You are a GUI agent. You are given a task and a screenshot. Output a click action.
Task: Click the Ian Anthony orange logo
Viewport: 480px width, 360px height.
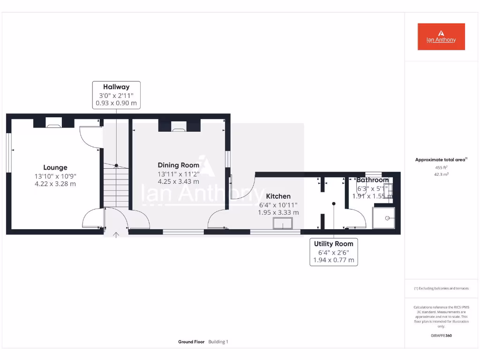coord(441,37)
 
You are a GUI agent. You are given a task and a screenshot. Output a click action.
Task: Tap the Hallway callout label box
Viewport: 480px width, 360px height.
coord(116,95)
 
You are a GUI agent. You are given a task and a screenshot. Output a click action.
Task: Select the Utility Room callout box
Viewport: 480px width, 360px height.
coord(333,252)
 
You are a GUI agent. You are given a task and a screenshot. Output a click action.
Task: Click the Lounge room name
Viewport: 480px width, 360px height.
coord(55,167)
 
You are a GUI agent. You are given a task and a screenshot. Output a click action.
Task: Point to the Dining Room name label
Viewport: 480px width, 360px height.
coord(178,165)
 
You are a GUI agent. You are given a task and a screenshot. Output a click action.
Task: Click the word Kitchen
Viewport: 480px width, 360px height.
coord(278,196)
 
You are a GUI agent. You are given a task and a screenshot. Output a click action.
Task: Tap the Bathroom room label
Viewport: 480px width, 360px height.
coord(373,180)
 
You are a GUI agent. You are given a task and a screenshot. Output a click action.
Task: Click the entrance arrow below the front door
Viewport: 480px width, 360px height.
coord(116,234)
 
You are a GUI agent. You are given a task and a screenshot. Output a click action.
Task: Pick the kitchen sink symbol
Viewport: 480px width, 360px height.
coord(283,224)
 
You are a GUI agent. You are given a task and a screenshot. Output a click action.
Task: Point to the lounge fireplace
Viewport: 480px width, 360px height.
coord(53,124)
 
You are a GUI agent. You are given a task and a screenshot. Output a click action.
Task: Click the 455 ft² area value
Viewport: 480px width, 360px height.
coord(441,167)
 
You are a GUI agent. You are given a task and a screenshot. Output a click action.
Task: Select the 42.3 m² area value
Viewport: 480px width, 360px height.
coord(441,174)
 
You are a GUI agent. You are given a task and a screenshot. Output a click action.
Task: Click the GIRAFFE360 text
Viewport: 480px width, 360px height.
coord(441,336)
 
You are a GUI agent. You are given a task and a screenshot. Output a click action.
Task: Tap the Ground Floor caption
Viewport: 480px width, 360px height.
coord(191,342)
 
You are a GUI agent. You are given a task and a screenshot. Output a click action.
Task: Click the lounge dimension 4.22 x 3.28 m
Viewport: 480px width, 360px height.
coord(55,184)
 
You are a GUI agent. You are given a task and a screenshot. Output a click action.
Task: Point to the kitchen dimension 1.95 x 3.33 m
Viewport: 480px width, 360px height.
coord(278,212)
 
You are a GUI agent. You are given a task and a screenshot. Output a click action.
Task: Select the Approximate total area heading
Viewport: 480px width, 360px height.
coord(441,160)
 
